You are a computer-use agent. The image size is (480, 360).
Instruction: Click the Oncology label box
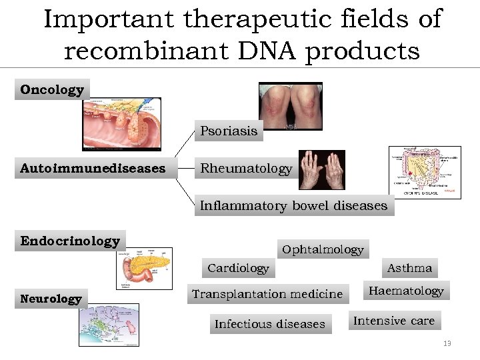[x=52, y=89]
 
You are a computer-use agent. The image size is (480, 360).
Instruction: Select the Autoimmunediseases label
[x=93, y=169]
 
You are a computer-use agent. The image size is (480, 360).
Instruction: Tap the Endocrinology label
[x=70, y=241]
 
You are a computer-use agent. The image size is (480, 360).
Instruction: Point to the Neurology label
[x=51, y=299]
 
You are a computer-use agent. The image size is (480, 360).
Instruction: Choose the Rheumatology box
[x=246, y=169]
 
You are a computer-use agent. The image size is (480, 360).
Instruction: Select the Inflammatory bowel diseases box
[x=293, y=206]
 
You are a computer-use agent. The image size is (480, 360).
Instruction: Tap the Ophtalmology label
[x=323, y=249]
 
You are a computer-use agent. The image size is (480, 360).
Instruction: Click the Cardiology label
[x=238, y=268]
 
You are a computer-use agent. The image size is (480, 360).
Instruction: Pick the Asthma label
[x=409, y=268]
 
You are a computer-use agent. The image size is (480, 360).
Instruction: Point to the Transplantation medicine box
[x=267, y=294]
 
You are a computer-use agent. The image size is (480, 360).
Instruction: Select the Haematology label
[x=406, y=291]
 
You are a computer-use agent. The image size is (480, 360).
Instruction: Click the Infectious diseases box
[x=270, y=324]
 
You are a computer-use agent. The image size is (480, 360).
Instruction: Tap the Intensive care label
[x=393, y=321]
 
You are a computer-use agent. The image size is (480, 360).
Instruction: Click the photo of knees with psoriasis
[x=290, y=107]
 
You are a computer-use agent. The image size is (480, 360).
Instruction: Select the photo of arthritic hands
[x=321, y=169]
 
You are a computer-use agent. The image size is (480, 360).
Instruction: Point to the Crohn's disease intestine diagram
[x=425, y=171]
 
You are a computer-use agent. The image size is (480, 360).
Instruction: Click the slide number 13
[x=447, y=343]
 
